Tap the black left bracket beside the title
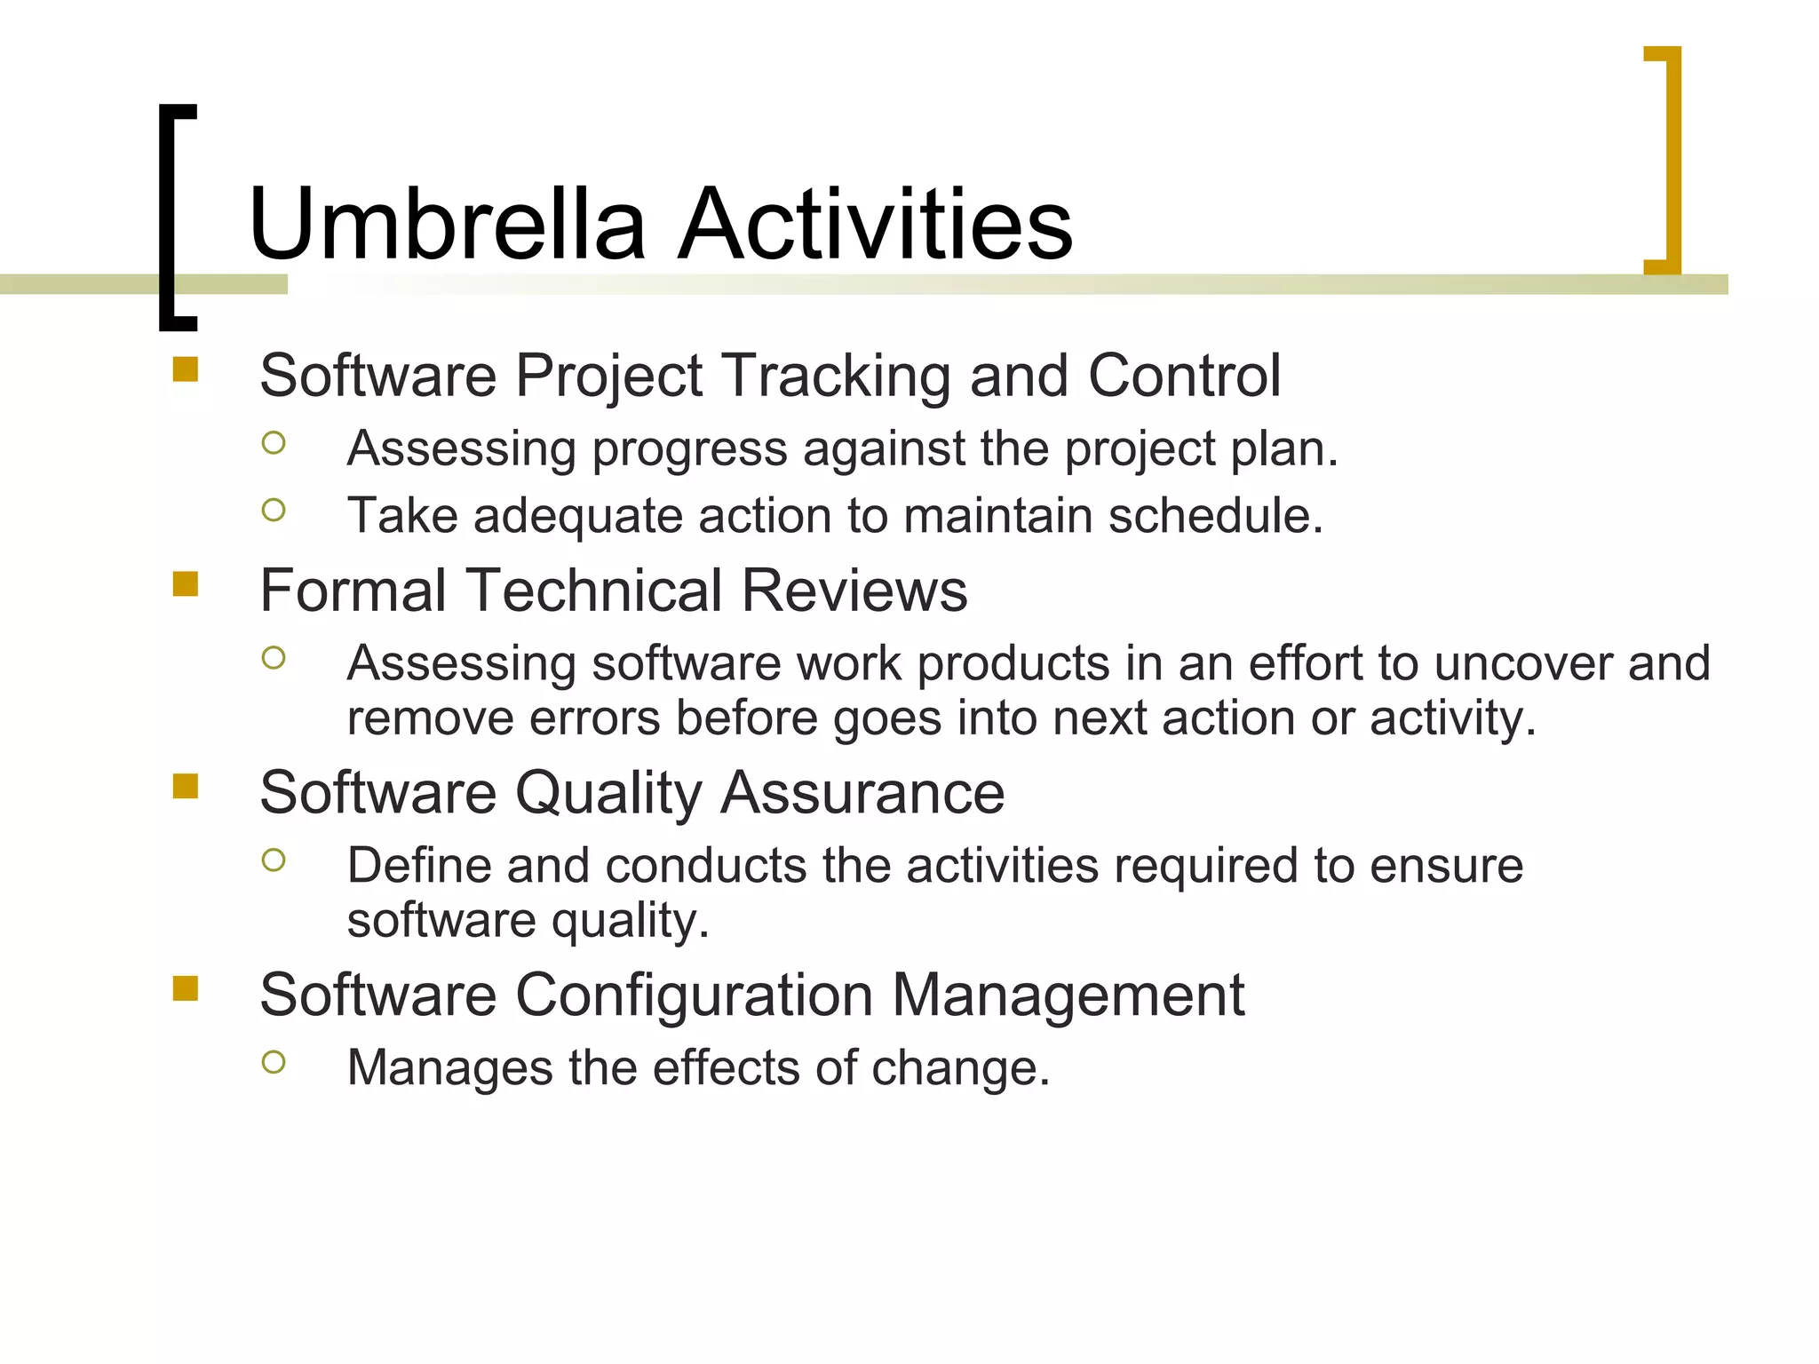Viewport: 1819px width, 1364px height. tap(169, 218)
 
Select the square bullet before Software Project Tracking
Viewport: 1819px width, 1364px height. tap(185, 369)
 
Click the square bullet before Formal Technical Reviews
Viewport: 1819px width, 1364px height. tap(185, 583)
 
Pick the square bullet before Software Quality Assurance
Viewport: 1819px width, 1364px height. tap(185, 786)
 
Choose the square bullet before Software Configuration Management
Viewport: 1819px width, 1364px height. tap(185, 987)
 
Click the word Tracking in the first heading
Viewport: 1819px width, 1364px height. tap(837, 377)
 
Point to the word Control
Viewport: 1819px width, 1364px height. tap(1184, 375)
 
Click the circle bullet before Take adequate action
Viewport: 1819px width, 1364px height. tap(274, 510)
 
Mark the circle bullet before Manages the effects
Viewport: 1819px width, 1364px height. tap(274, 1062)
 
